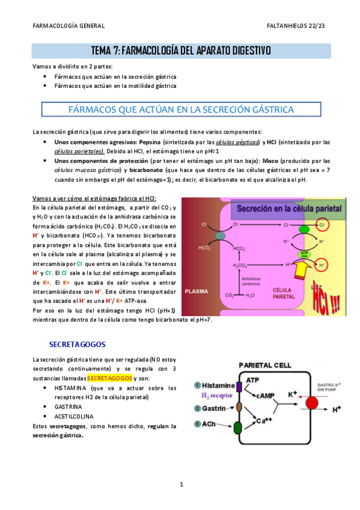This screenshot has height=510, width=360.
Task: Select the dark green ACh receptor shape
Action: [x=237, y=427]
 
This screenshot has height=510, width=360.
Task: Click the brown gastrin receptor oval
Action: [x=238, y=408]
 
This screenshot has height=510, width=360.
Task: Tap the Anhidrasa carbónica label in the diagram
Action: [x=251, y=280]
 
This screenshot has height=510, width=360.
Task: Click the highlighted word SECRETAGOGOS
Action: [x=110, y=378]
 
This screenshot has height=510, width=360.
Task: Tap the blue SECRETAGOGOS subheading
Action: [x=77, y=345]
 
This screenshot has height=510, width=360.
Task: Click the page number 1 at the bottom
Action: [x=180, y=484]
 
